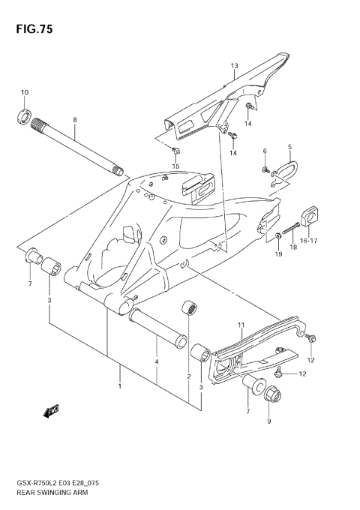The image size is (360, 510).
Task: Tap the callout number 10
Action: click(24, 93)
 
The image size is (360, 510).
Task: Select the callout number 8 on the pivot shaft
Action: click(75, 120)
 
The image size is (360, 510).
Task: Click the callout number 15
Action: click(176, 166)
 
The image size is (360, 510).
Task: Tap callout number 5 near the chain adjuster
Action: click(289, 148)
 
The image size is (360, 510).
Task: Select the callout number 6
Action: click(265, 151)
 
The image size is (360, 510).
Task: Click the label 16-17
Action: click(309, 241)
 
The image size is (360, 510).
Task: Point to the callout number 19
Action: click(277, 254)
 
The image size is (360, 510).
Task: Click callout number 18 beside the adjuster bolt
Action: click(294, 247)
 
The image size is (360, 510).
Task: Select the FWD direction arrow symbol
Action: click(52, 411)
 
